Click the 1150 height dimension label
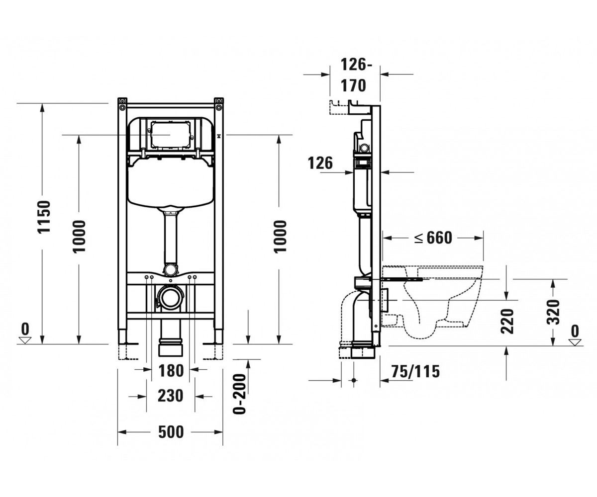click(44, 217)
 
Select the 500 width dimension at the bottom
click(171, 432)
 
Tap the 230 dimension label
click(171, 396)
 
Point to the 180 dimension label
click(171, 371)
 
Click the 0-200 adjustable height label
click(239, 394)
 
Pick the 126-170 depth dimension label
click(354, 75)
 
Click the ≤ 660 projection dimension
click(434, 238)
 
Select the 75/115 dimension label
click(415, 371)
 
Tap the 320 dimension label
click(553, 312)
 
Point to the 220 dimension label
click(507, 321)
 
